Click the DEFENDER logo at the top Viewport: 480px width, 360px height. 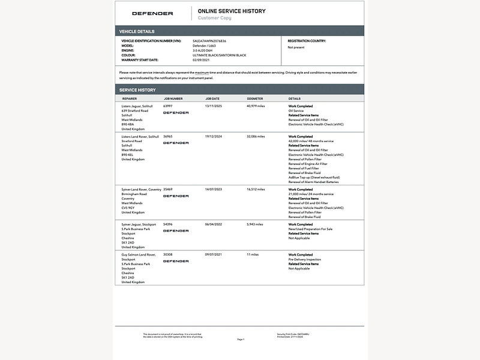click(x=152, y=13)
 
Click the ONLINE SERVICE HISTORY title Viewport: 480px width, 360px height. click(x=232, y=11)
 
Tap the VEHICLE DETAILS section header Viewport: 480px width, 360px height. click(x=137, y=31)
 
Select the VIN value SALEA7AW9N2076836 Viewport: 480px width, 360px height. click(x=209, y=41)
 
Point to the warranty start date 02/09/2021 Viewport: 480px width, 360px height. click(x=200, y=60)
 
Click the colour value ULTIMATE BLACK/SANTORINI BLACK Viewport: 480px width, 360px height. click(x=219, y=55)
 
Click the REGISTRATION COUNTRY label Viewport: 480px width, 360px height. click(x=307, y=41)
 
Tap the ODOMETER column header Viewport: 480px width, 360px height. click(x=254, y=98)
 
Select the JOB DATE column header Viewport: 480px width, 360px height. click(x=212, y=98)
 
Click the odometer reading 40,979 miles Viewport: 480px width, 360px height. click(x=256, y=106)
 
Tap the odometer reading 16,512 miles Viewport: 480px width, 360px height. click(x=256, y=190)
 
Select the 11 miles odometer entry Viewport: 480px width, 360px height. click(x=252, y=255)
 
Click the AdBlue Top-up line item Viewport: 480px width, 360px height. click(x=314, y=178)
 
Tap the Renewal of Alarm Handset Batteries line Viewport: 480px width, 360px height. click(x=313, y=182)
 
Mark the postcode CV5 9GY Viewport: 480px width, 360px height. click(x=128, y=208)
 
